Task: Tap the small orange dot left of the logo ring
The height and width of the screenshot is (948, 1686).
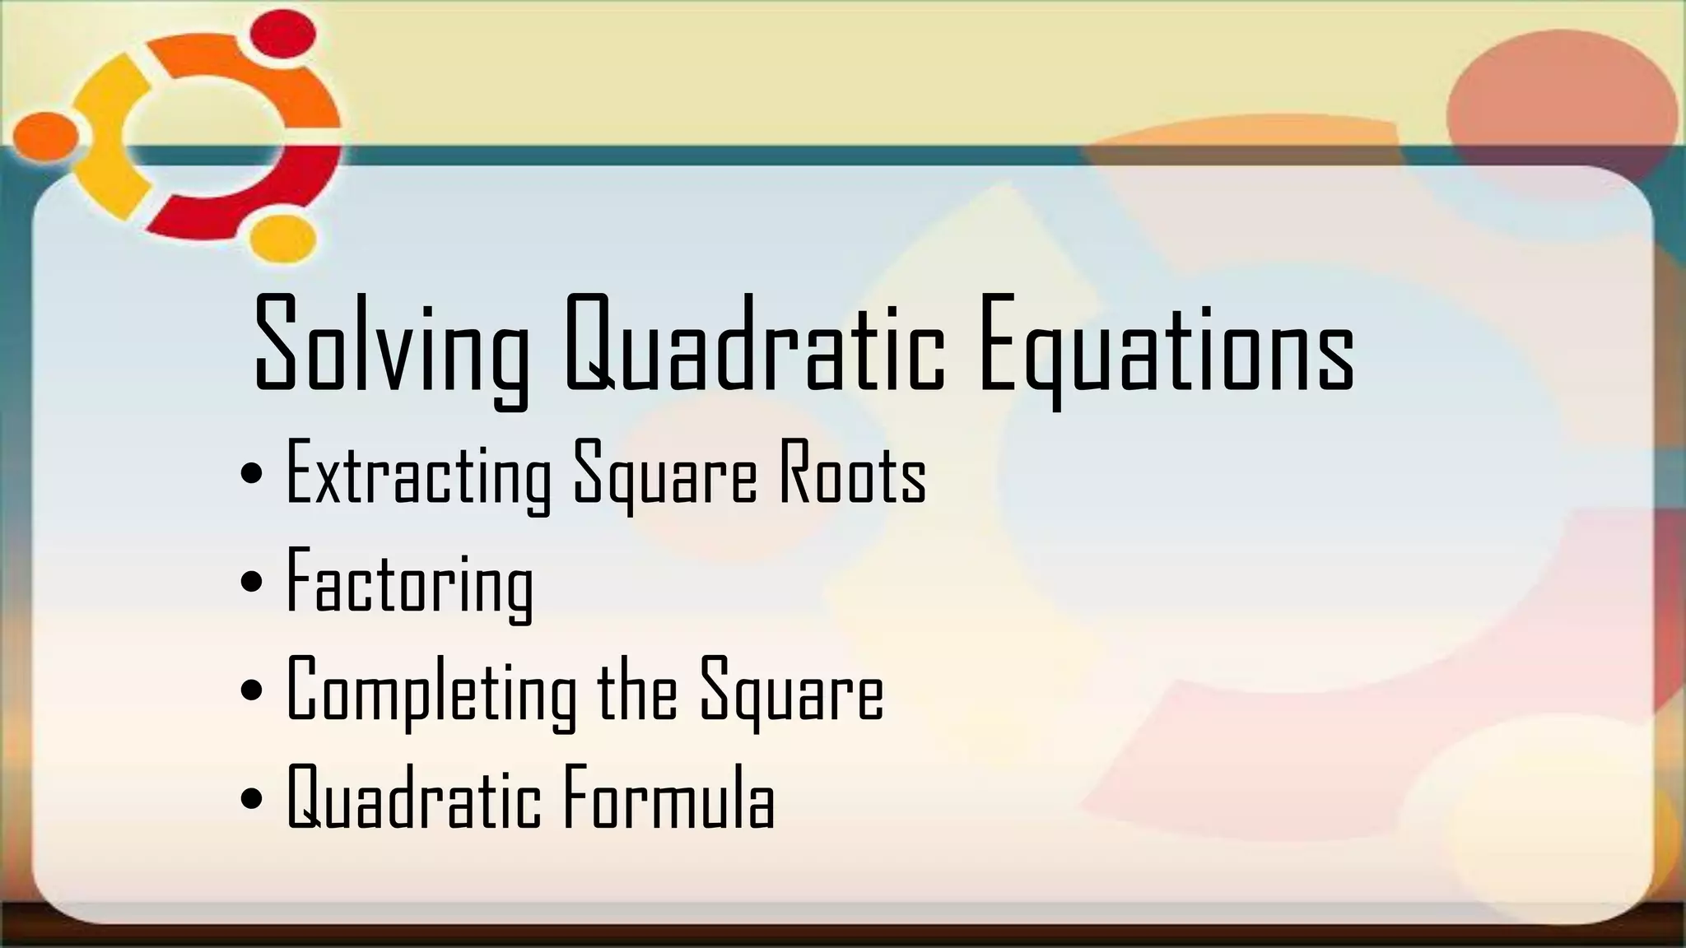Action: [x=44, y=134]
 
